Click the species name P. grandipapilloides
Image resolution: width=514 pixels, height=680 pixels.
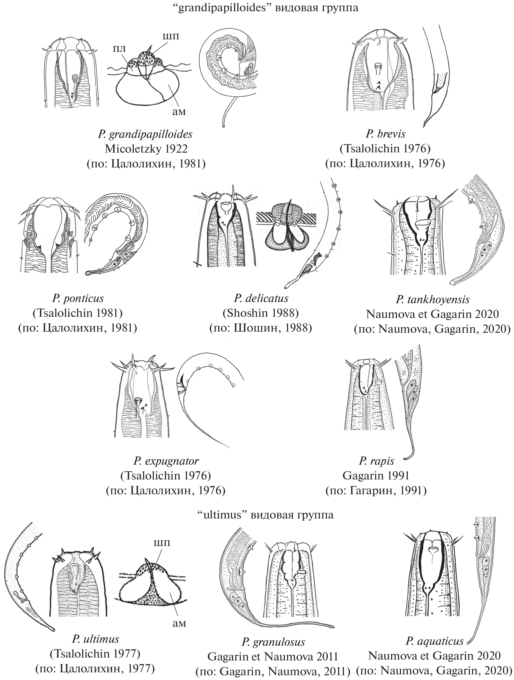tap(145, 134)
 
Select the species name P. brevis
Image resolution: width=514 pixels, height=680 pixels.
tap(385, 134)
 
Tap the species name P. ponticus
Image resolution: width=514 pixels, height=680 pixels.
tap(78, 298)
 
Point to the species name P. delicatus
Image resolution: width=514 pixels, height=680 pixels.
tap(261, 298)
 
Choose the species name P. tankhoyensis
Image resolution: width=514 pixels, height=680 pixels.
tap(433, 299)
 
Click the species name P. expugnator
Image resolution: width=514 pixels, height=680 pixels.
tap(166, 461)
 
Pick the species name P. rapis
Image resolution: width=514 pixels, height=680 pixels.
tap(377, 461)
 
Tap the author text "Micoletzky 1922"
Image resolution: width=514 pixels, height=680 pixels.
tap(146, 149)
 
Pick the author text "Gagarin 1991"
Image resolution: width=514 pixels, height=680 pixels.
tap(376, 476)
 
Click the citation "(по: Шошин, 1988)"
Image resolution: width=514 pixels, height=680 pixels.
tap(261, 328)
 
